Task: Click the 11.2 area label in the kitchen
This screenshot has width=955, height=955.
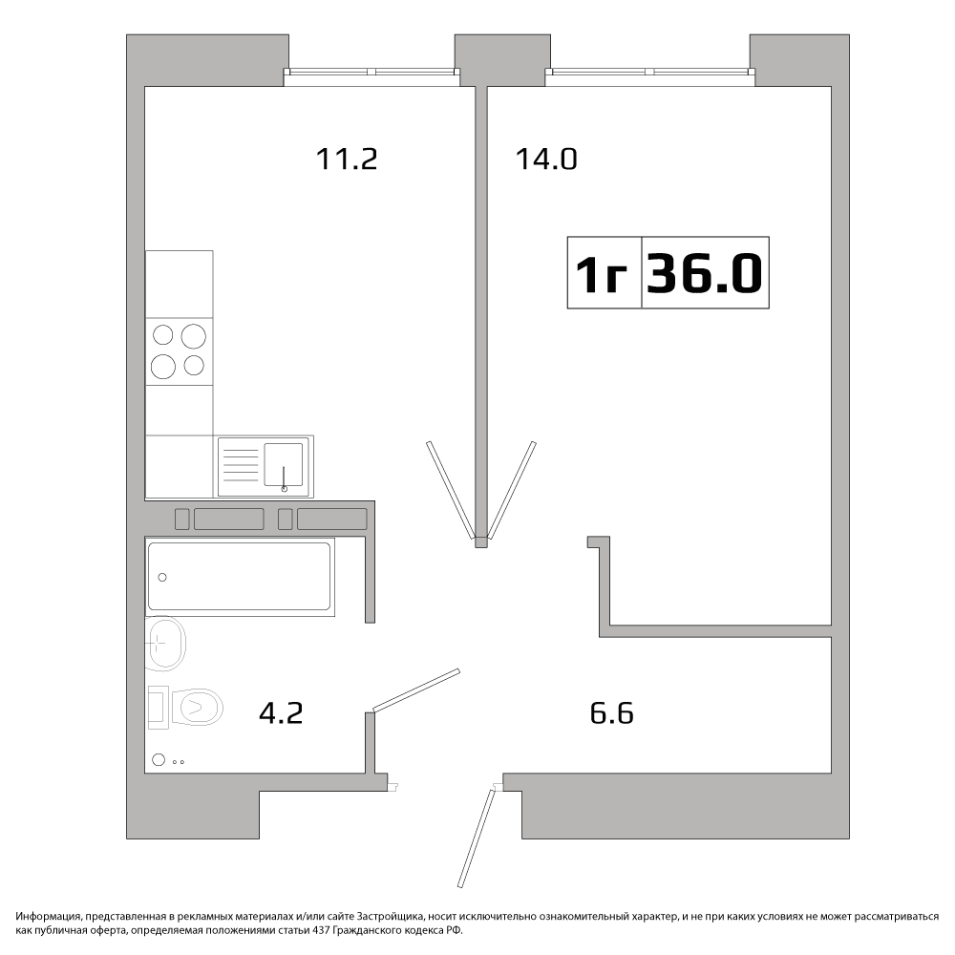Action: (347, 159)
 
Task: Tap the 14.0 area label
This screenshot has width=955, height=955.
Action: (546, 159)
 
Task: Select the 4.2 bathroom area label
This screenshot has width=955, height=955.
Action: (281, 713)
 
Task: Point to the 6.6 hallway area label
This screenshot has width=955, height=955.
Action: (612, 713)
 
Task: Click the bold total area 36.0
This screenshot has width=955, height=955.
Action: (705, 273)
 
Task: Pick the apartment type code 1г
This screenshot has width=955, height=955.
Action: (601, 273)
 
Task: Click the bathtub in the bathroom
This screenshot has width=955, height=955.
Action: (240, 576)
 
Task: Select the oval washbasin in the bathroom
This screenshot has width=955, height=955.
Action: (164, 643)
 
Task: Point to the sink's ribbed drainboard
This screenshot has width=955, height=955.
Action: (242, 466)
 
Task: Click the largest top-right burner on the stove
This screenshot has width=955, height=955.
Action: (194, 335)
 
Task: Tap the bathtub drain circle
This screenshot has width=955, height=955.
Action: (162, 578)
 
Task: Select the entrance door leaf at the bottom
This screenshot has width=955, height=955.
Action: (477, 838)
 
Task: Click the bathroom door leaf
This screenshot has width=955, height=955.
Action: (416, 690)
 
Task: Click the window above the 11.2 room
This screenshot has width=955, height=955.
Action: (371, 72)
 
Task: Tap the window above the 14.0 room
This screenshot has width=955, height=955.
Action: (649, 72)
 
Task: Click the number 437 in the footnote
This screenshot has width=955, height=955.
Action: (321, 930)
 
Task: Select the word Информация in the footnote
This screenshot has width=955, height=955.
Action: (48, 917)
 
